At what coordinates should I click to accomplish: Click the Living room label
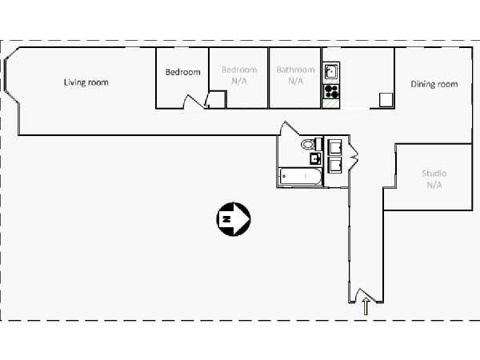pyautogui.click(x=86, y=82)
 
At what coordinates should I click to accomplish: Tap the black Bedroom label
pyautogui.click(x=182, y=72)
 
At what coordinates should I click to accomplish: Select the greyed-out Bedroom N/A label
pyautogui.click(x=239, y=75)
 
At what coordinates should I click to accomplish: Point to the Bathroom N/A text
pyautogui.click(x=296, y=75)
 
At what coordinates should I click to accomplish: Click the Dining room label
pyautogui.click(x=434, y=84)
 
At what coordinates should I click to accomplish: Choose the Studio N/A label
pyautogui.click(x=434, y=179)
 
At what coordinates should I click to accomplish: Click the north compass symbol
pyautogui.click(x=234, y=219)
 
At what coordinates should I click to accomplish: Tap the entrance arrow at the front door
pyautogui.click(x=366, y=306)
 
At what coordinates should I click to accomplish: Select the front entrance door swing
pyautogui.click(x=366, y=295)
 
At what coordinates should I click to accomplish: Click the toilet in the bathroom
pyautogui.click(x=310, y=143)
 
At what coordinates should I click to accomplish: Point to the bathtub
pyautogui.click(x=300, y=177)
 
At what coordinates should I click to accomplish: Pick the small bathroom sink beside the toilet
pyautogui.click(x=315, y=158)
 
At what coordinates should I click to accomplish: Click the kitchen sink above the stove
pyautogui.click(x=331, y=71)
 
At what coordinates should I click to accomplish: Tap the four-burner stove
pyautogui.click(x=331, y=91)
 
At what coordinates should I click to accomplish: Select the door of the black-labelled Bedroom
pyautogui.click(x=194, y=102)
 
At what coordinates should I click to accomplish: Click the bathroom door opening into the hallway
pyautogui.click(x=290, y=128)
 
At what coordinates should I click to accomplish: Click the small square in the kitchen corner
pyautogui.click(x=386, y=100)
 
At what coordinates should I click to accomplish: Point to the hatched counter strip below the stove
pyautogui.click(x=331, y=103)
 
